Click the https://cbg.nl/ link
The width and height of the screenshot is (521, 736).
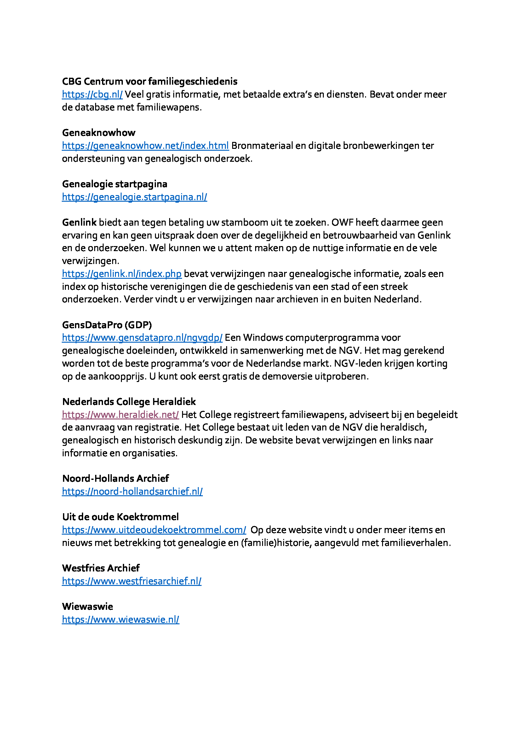[x=92, y=95]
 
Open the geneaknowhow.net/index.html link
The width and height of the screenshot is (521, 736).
[x=145, y=146]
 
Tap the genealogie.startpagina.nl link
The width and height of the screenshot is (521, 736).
[x=135, y=197]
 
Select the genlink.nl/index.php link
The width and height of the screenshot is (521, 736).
[x=122, y=274]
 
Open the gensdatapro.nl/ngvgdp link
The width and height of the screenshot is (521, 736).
[x=142, y=338]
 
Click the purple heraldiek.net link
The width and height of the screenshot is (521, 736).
[x=120, y=415]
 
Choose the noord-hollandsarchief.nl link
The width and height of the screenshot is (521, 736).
[x=132, y=492]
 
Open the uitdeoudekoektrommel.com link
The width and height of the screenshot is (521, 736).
[x=154, y=530]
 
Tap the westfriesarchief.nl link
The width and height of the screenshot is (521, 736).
[x=132, y=581]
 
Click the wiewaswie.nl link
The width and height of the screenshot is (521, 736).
[x=121, y=620]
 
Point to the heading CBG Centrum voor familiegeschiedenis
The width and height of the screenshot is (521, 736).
[x=150, y=82]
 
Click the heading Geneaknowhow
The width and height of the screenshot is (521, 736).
[x=99, y=133]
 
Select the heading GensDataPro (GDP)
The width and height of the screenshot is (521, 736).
[x=107, y=325]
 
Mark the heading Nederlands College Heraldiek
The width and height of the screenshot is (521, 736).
[x=129, y=402]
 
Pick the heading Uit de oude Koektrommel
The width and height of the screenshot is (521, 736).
[x=120, y=517]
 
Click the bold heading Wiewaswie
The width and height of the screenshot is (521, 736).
[x=87, y=607]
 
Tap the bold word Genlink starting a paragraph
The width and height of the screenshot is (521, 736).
[x=79, y=222]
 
